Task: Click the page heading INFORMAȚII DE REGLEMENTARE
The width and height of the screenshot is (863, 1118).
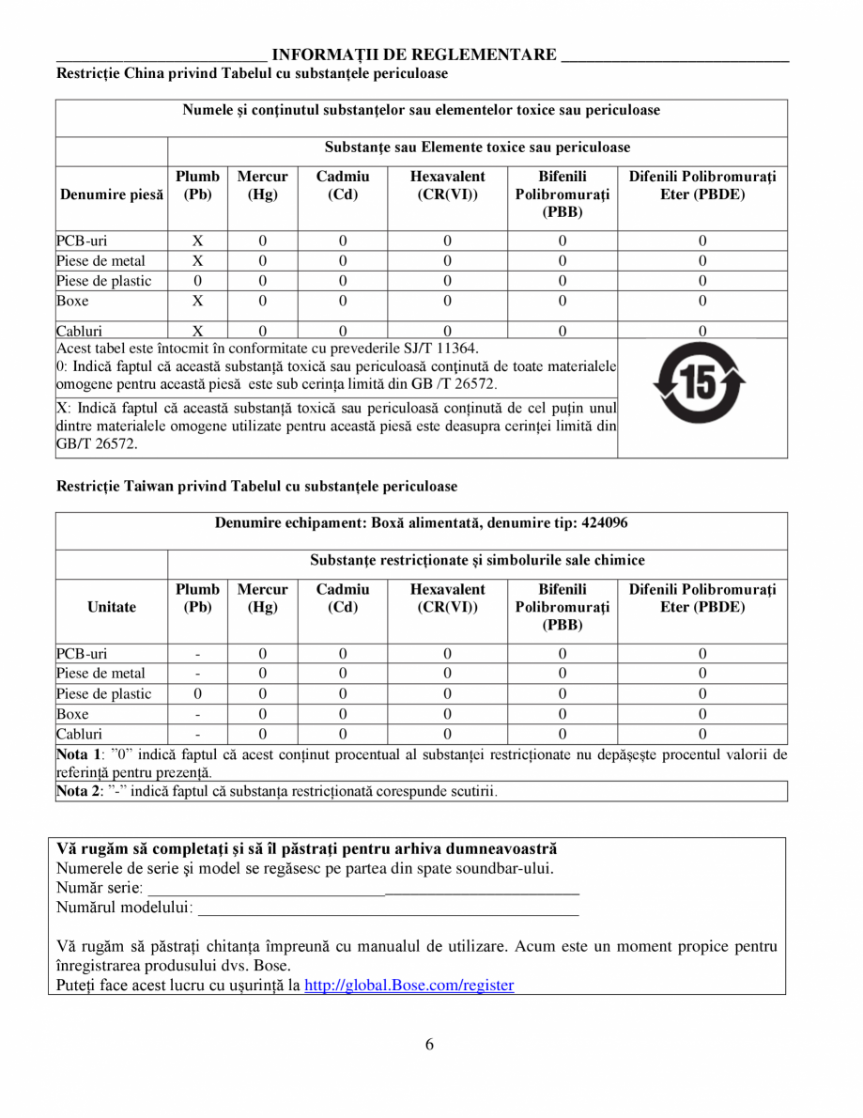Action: (413, 54)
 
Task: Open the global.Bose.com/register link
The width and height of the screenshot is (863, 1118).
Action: (409, 986)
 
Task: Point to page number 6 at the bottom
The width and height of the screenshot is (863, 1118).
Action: (429, 1046)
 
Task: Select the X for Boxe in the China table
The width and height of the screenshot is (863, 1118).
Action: (197, 301)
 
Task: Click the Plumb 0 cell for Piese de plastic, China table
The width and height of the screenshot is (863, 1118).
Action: (197, 281)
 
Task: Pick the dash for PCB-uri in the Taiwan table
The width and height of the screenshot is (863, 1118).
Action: (197, 654)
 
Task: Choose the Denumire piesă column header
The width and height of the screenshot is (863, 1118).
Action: (112, 195)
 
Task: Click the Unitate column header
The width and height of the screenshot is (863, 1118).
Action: (112, 607)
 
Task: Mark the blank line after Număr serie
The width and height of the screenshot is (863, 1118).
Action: (364, 887)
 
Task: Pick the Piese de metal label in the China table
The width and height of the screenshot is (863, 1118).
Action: (100, 260)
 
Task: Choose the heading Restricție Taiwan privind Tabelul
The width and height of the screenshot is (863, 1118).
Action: (256, 486)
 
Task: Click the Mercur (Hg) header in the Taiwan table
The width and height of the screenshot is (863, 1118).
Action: (262, 598)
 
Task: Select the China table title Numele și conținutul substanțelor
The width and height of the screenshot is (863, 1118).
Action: (421, 110)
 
